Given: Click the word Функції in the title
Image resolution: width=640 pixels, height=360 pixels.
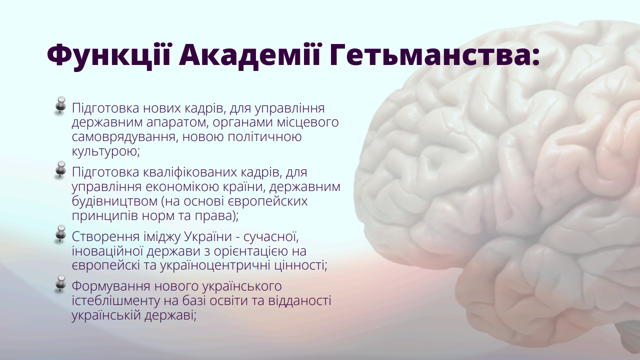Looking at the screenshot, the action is tap(109, 55).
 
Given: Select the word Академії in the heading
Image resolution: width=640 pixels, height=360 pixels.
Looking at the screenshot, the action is tap(250, 54).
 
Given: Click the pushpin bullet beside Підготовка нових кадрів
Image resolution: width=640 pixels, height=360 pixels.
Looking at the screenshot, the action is tap(60, 105).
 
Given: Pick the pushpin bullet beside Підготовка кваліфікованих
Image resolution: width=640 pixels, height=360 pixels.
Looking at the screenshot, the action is tap(60, 169).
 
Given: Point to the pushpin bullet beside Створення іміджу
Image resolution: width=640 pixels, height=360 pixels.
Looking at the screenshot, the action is tap(60, 234).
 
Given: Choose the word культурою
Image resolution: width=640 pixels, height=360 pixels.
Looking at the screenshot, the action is tap(105, 151).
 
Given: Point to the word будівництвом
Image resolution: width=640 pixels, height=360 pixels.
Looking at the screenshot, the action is tap(115, 201).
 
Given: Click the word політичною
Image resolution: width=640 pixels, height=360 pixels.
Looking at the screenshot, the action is tap(264, 137).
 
